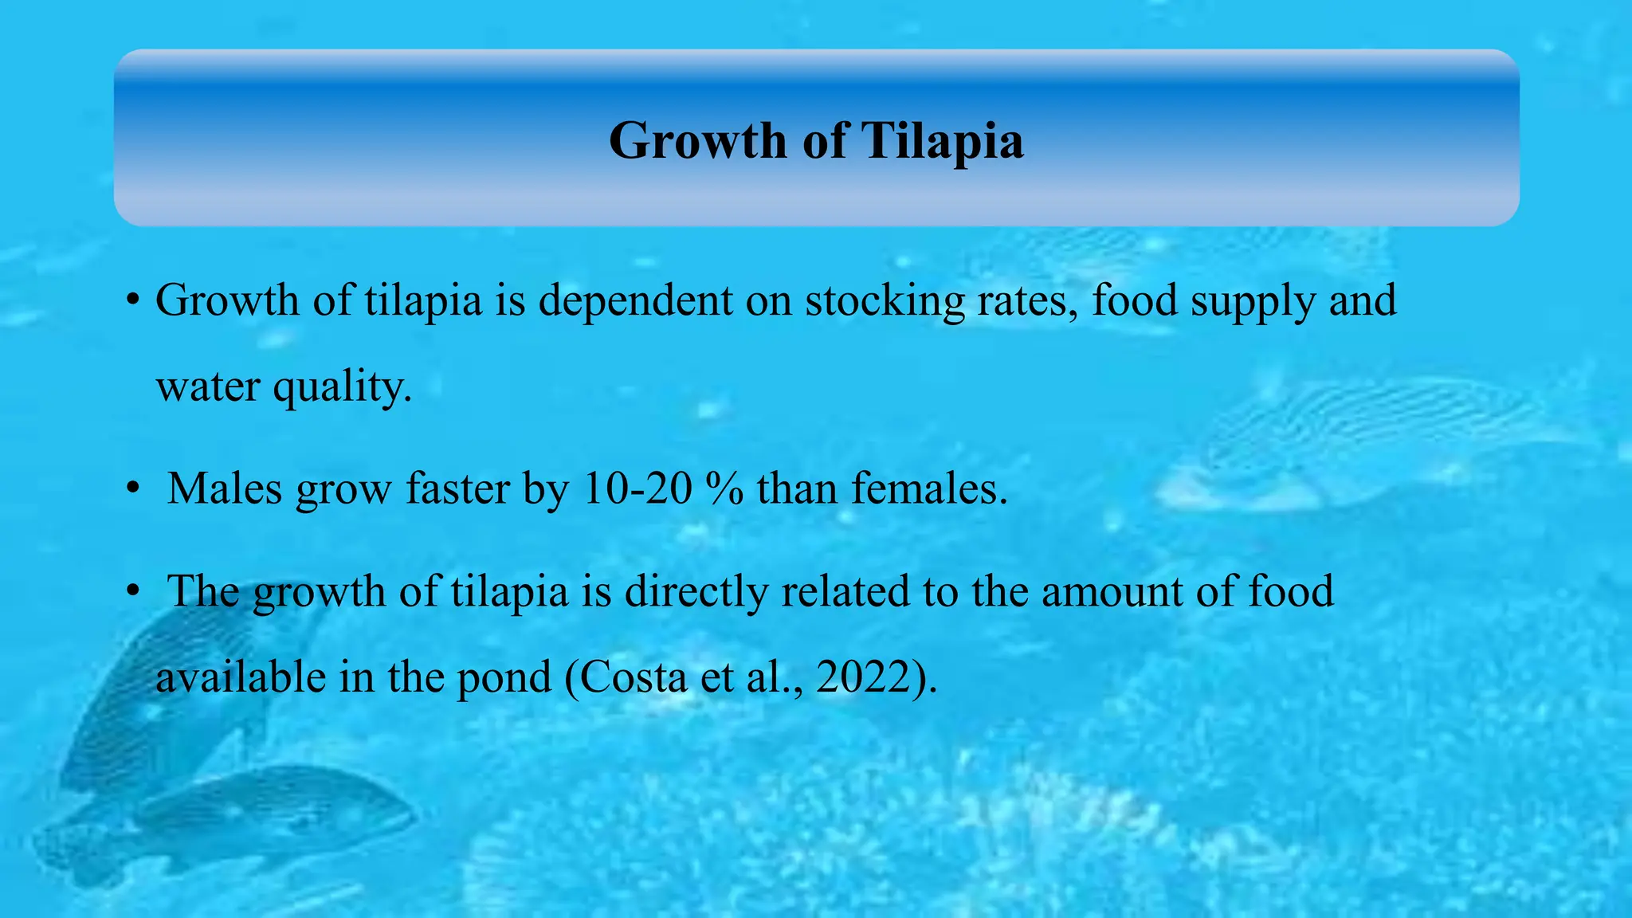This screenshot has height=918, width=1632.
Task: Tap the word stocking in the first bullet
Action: click(885, 301)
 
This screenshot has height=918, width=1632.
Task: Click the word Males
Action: click(224, 488)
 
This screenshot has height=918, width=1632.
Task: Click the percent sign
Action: click(724, 488)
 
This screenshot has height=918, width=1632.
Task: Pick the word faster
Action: click(457, 488)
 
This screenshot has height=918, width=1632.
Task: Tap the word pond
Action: click(504, 679)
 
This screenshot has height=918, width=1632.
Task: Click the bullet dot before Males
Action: click(132, 488)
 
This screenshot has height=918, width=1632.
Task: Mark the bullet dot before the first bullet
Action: click(132, 301)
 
